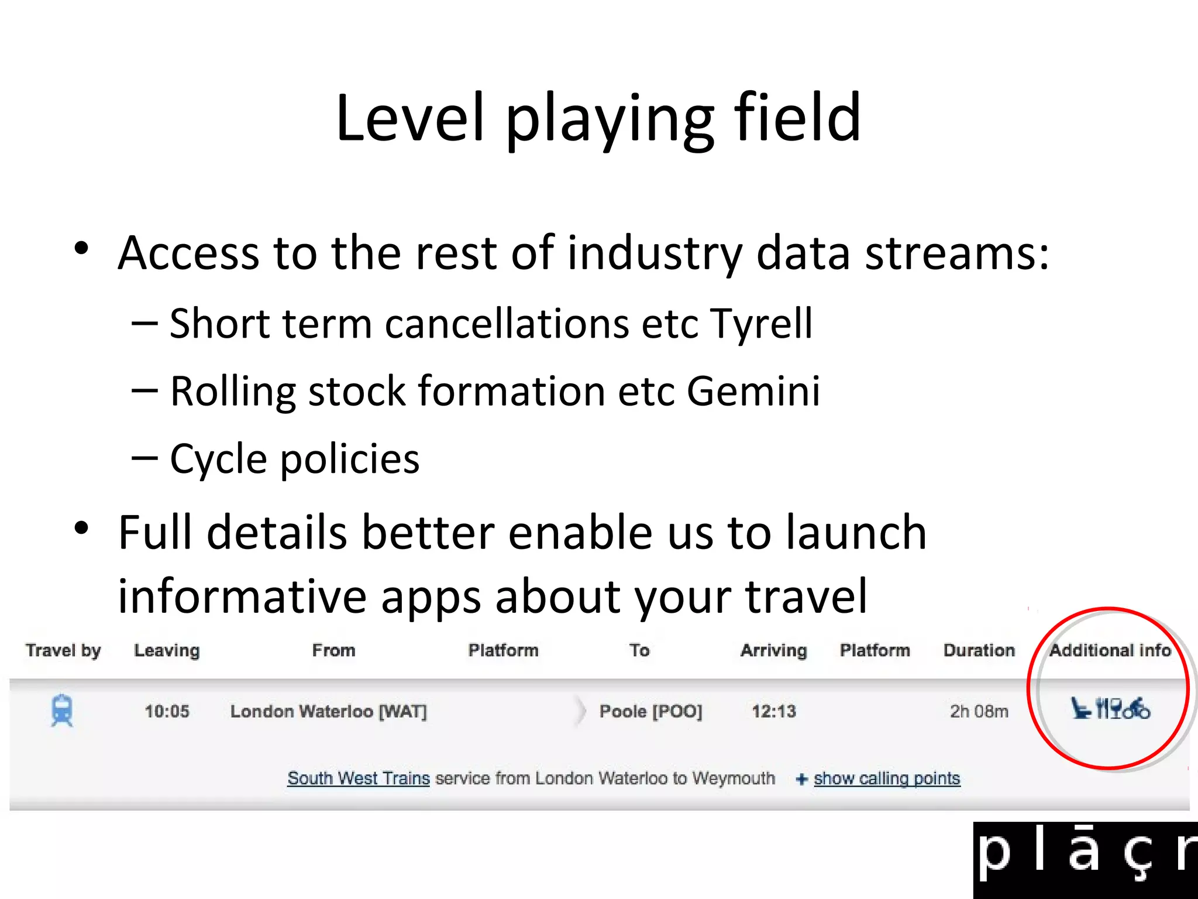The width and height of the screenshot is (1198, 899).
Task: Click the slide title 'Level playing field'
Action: [x=598, y=118]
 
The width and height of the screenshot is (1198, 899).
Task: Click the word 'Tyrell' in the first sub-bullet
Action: [x=761, y=324]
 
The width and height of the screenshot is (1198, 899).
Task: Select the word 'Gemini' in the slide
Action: [x=753, y=391]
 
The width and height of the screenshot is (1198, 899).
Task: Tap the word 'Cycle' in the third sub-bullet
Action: [x=218, y=459]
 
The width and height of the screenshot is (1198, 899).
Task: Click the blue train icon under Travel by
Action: [x=62, y=711]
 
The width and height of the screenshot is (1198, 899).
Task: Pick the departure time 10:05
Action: [x=167, y=712]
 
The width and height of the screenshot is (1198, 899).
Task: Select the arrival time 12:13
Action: [x=773, y=712]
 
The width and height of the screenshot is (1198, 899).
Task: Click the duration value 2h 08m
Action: [x=979, y=712]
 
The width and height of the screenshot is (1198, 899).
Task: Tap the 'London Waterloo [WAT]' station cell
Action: [x=328, y=712]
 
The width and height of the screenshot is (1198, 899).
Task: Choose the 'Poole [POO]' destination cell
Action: [x=650, y=712]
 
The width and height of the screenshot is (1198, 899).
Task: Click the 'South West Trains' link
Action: [x=358, y=778]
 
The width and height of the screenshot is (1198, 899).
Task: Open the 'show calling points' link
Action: [x=886, y=778]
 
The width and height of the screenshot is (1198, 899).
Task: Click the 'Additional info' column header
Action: [x=1110, y=650]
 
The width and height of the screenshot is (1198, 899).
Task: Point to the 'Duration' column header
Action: [x=979, y=650]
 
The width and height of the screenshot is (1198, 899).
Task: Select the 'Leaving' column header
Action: [x=167, y=650]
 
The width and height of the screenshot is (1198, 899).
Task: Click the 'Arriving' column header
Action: [x=773, y=650]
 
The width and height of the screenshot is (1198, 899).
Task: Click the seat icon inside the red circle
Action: [x=1080, y=708]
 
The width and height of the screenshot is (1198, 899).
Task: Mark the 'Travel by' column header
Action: [x=63, y=650]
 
